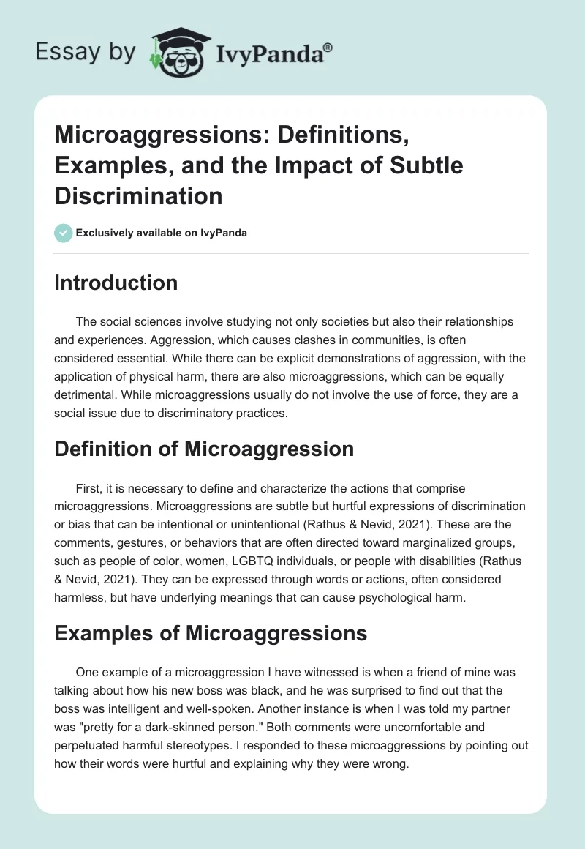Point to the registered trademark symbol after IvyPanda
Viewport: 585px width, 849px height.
328,47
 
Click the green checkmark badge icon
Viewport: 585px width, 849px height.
63,233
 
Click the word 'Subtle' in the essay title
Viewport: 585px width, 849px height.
427,165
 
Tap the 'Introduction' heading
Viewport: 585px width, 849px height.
116,283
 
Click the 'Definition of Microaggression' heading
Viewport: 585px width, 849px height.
203,449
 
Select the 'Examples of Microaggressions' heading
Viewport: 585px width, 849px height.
211,632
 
